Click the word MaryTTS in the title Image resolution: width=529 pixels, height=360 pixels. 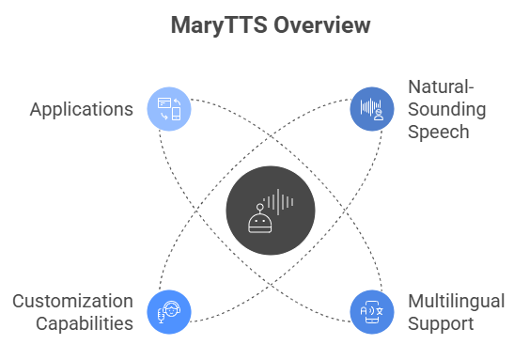219,25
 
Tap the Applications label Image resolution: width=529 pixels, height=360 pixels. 81,109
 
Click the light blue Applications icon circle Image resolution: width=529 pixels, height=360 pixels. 170,108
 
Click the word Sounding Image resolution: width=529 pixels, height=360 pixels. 446,109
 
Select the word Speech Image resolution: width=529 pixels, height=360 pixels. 438,132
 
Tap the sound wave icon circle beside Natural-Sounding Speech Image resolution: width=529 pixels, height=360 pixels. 371,108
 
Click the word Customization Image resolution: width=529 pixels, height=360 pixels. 72,301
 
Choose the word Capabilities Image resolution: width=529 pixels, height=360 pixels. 85,324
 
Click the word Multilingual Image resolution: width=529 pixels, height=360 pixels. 456,301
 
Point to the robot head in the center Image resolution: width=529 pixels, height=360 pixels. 259,222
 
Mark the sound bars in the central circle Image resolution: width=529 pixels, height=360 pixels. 279,200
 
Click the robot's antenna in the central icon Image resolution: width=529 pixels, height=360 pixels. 259,206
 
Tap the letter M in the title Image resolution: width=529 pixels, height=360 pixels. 179,25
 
